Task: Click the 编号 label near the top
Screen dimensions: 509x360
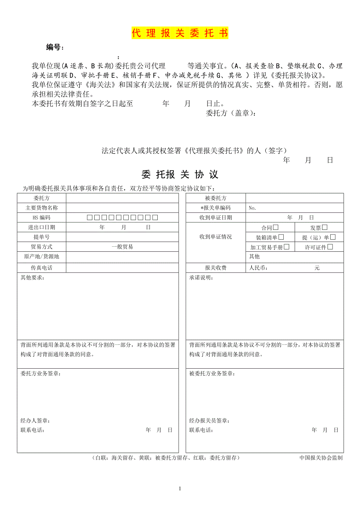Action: (54, 48)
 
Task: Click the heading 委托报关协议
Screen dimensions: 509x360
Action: (180, 174)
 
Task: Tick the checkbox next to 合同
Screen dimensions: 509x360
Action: (276, 227)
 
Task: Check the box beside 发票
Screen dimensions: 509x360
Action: (325, 227)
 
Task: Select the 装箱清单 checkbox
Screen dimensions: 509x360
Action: (281, 237)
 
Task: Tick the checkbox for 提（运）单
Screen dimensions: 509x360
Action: (333, 237)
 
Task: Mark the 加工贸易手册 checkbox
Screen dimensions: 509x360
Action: (287, 247)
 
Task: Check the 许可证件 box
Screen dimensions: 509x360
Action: (330, 247)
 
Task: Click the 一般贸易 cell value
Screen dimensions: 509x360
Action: (122, 247)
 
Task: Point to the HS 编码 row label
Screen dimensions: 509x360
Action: (41, 218)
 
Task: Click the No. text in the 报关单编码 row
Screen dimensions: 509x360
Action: (252, 208)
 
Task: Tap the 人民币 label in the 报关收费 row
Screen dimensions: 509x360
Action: (259, 268)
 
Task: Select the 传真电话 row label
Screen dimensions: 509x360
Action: (41, 268)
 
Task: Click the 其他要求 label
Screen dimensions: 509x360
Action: (32, 278)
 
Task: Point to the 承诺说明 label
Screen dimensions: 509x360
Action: (202, 278)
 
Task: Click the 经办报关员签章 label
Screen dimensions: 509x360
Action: (209, 421)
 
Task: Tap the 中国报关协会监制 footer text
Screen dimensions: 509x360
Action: (321, 458)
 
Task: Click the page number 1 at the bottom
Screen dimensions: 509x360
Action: (180, 488)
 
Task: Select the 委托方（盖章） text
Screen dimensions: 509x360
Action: (231, 114)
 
